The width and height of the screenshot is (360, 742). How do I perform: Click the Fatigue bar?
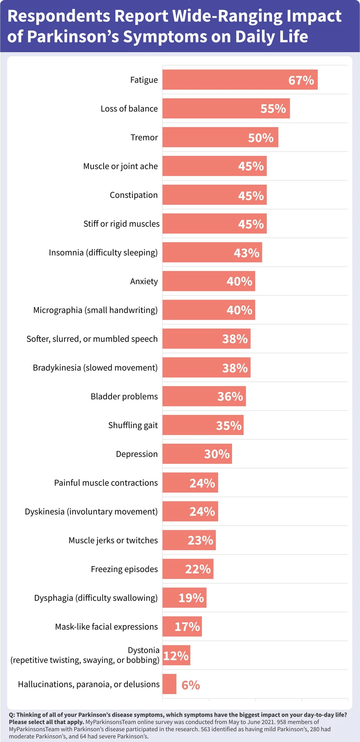point(224,80)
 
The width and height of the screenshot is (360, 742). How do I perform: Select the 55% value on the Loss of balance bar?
point(273,109)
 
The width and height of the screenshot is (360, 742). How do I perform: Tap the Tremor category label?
point(144,138)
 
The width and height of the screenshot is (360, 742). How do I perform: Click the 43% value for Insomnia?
point(247,253)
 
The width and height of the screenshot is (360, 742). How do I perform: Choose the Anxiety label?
point(144,281)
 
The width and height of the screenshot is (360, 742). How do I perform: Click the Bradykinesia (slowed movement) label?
point(95,368)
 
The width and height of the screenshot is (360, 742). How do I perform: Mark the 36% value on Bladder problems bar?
point(230,397)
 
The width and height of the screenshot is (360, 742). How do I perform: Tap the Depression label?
point(137,454)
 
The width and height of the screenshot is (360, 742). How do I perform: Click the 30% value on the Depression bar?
point(217,454)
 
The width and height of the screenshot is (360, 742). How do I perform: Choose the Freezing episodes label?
point(124,569)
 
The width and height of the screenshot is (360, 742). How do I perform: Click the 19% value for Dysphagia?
point(191,598)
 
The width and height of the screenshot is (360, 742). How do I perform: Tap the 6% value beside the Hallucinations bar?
point(191,685)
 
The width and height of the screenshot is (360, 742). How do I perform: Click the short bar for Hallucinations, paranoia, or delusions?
point(169,684)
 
